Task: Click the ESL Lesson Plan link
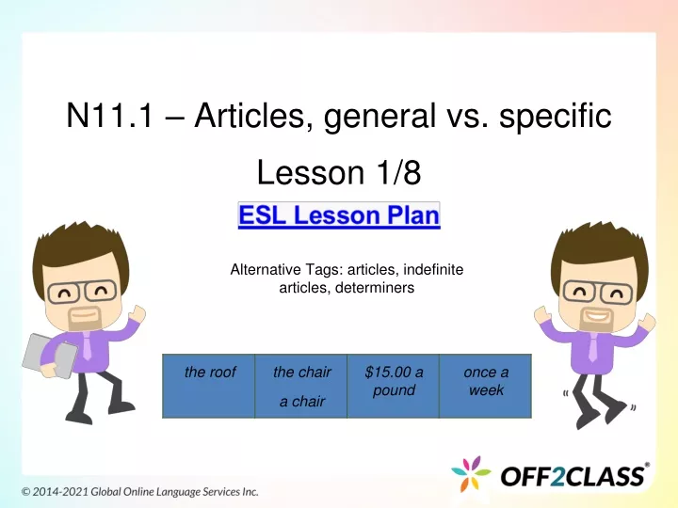(x=339, y=215)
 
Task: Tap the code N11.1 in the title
(x=109, y=116)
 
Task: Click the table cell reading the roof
(x=209, y=386)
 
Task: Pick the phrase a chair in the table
(x=302, y=402)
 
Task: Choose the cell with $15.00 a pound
(x=394, y=386)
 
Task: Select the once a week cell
(x=486, y=386)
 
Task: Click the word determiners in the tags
(x=375, y=288)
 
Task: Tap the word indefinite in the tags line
(x=433, y=270)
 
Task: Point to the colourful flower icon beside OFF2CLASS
(x=471, y=474)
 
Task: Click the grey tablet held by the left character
(x=49, y=356)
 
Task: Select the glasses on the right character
(x=599, y=292)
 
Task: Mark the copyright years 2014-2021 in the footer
(x=60, y=492)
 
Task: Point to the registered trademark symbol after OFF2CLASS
(x=647, y=465)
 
